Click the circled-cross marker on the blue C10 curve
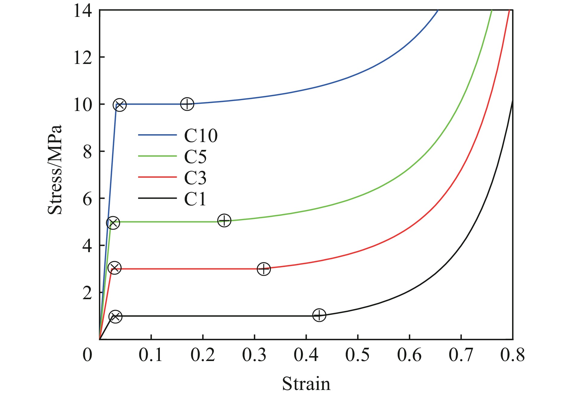(x=120, y=105)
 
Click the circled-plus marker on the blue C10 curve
(x=187, y=104)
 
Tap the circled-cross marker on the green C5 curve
(x=113, y=223)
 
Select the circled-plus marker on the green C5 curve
(x=224, y=220)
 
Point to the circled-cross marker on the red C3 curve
(x=115, y=268)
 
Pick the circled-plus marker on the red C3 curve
(x=264, y=269)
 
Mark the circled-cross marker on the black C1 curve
(x=116, y=316)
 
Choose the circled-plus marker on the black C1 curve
(x=319, y=315)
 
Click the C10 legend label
(x=201, y=136)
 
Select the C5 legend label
(x=195, y=157)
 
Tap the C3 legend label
(x=195, y=178)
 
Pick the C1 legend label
(x=195, y=199)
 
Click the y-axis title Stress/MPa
(x=55, y=169)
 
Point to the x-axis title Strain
(x=306, y=384)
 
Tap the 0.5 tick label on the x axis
(x=357, y=355)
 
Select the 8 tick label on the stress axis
(x=87, y=152)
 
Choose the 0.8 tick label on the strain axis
(x=512, y=355)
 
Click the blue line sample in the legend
(x=157, y=135)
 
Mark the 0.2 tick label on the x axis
(x=203, y=355)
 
